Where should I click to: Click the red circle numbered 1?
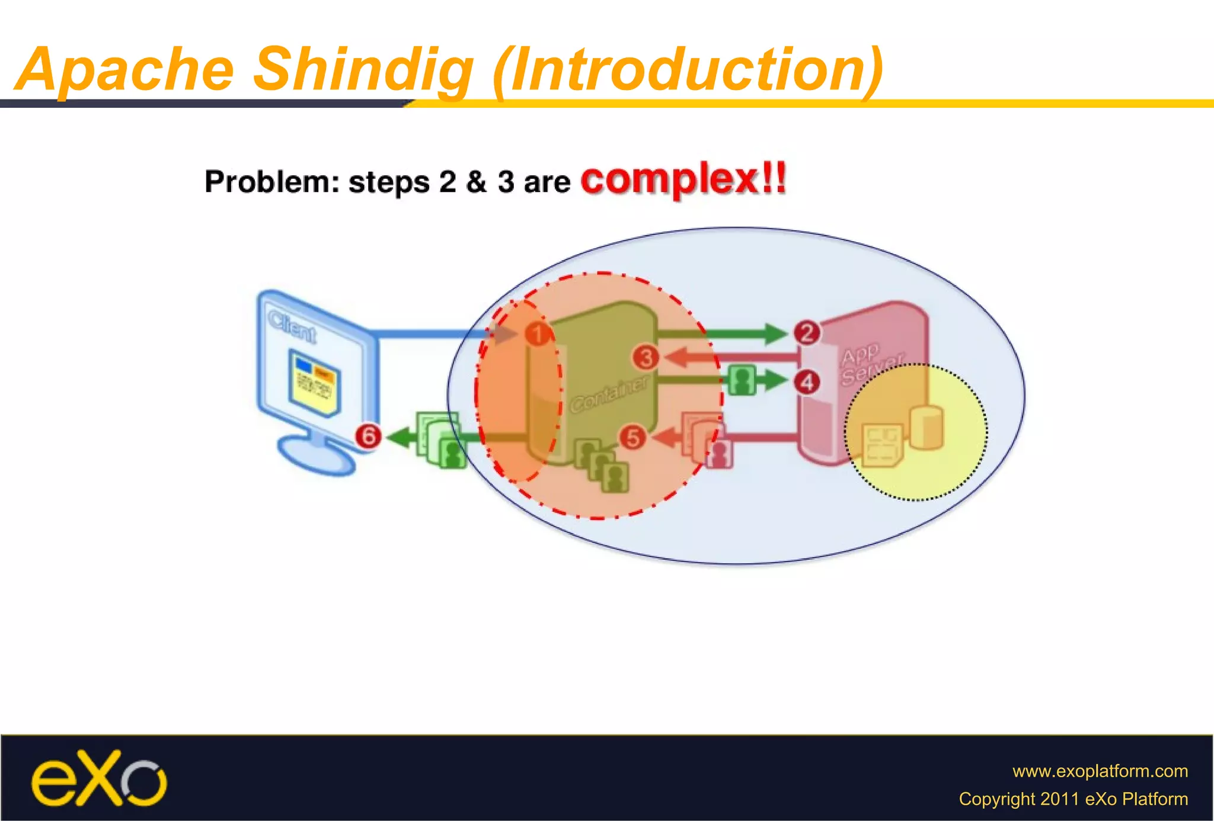pos(537,334)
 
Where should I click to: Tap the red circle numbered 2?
pos(807,332)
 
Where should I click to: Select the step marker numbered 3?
pos(646,358)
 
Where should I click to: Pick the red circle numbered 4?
pos(807,382)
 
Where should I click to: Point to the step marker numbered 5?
pos(632,438)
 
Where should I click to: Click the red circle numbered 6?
pos(368,437)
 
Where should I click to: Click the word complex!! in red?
pos(683,179)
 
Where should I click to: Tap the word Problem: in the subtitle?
pos(271,182)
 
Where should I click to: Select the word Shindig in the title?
pos(363,70)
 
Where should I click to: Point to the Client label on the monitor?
pos(292,325)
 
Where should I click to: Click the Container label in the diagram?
pos(609,393)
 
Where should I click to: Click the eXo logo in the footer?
pos(99,778)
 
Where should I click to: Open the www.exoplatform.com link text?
pos(1100,771)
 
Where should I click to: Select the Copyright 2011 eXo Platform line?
pos(1073,799)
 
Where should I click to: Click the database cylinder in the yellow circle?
pos(926,427)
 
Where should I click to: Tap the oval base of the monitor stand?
pos(317,457)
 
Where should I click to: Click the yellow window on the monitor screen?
pos(314,382)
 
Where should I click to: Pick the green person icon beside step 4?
pos(742,380)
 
